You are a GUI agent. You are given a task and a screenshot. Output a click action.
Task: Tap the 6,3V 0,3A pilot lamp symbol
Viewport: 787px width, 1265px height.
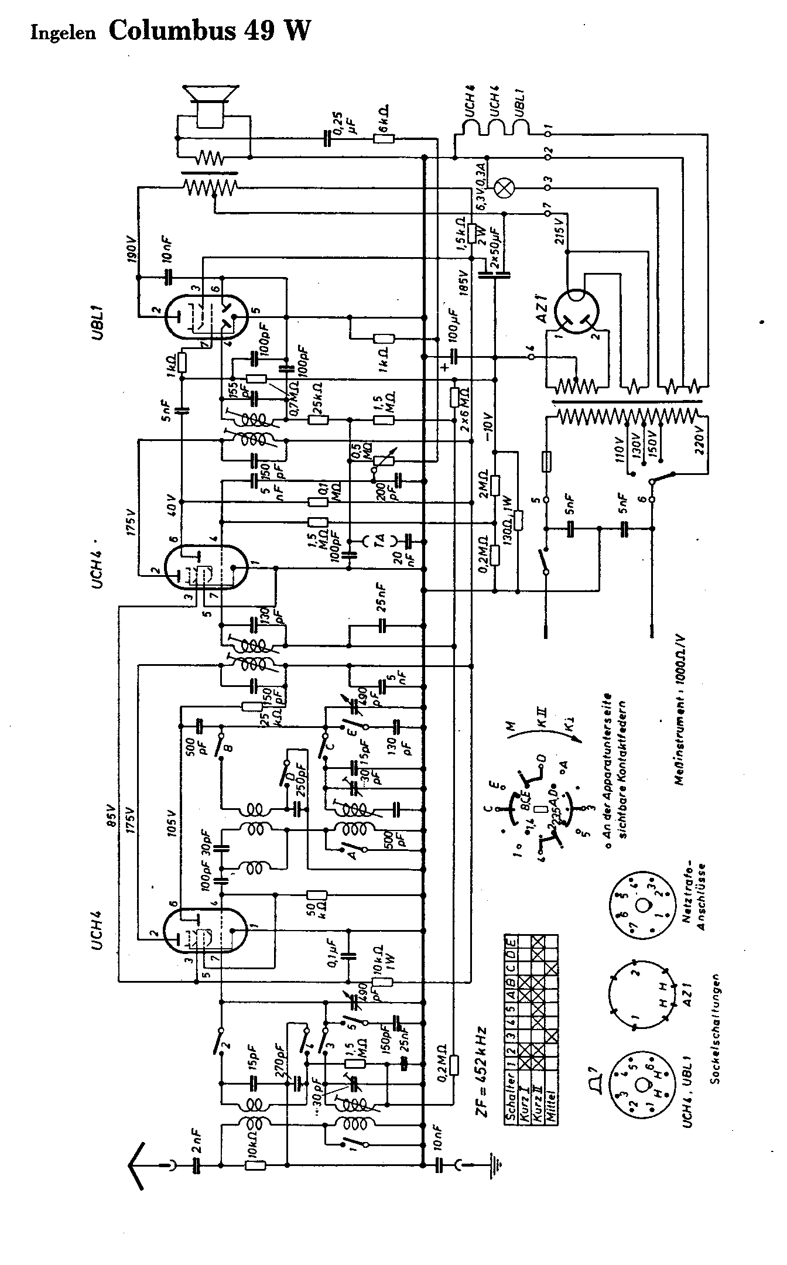point(502,188)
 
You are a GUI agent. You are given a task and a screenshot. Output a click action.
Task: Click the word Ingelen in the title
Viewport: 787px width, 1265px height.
point(63,34)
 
